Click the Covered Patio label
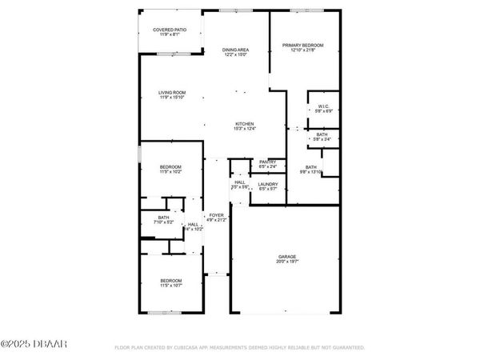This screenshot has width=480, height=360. pos(171,30)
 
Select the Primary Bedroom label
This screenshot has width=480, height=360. pos(302,45)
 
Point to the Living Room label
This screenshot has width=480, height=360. pos(171,93)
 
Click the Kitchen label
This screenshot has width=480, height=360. pos(244,123)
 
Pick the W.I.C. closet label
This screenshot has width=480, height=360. pos(323,106)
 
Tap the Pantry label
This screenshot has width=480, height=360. pos(267,162)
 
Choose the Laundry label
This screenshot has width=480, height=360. pos(267,184)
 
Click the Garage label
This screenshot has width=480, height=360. pos(287,257)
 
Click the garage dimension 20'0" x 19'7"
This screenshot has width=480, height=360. pos(287,262)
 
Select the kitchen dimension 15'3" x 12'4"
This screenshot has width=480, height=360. pos(244,128)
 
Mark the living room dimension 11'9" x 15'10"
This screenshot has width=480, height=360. pos(171,98)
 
